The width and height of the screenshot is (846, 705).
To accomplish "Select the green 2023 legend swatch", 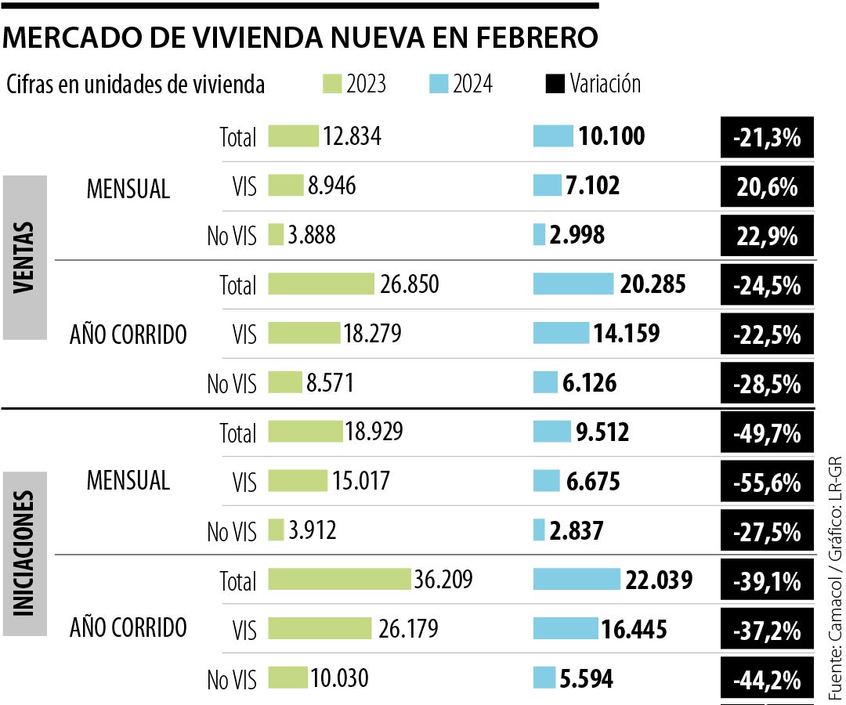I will click(x=332, y=84).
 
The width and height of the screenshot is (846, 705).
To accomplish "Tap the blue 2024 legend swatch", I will click(x=439, y=84).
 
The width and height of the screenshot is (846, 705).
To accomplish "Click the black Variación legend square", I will click(x=555, y=84).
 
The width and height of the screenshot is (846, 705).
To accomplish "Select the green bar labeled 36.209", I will click(x=339, y=580).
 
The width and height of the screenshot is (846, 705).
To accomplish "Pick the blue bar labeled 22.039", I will click(x=577, y=580).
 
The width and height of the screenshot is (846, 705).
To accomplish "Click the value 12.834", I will click(x=352, y=136).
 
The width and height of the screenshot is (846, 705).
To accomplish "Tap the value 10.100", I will click(x=612, y=136).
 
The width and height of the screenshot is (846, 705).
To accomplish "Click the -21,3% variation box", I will click(x=768, y=139).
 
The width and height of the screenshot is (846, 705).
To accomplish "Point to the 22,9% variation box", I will click(x=768, y=236).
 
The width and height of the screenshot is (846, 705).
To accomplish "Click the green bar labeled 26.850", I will click(x=321, y=284).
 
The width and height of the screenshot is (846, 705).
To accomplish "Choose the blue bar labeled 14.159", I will click(x=561, y=333).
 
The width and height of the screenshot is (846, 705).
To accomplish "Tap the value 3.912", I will click(x=312, y=531).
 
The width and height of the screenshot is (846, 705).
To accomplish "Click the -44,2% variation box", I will click(x=768, y=679).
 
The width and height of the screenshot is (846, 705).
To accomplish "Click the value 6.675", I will click(x=593, y=482).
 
